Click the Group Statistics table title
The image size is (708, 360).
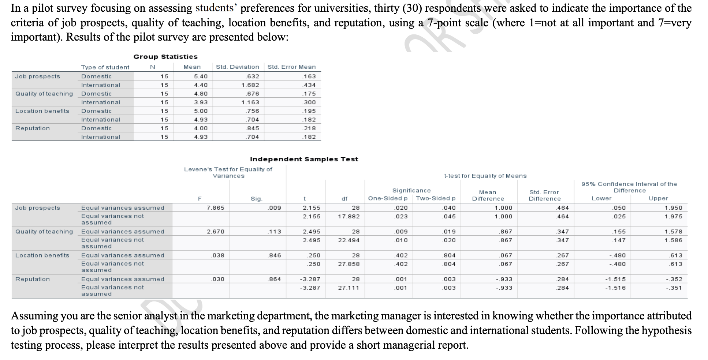click(x=165, y=57)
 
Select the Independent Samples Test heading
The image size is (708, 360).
click(x=304, y=159)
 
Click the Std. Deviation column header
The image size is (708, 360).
click(x=237, y=67)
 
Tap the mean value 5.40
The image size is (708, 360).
click(x=201, y=76)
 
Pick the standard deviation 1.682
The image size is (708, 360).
click(x=250, y=85)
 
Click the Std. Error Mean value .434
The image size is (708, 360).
click(x=309, y=85)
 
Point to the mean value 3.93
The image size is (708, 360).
click(x=201, y=102)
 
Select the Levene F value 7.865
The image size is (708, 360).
click(x=215, y=208)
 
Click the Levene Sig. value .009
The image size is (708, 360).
click(x=274, y=208)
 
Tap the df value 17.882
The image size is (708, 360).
click(x=349, y=217)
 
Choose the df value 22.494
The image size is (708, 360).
click(x=349, y=240)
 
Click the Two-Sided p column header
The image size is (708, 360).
click(x=436, y=198)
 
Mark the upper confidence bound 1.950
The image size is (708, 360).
click(x=673, y=208)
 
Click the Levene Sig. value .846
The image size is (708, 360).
click(x=274, y=255)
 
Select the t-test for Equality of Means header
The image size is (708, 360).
click(x=485, y=176)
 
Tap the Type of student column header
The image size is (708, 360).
click(x=105, y=67)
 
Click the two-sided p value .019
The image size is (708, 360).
click(x=449, y=232)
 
